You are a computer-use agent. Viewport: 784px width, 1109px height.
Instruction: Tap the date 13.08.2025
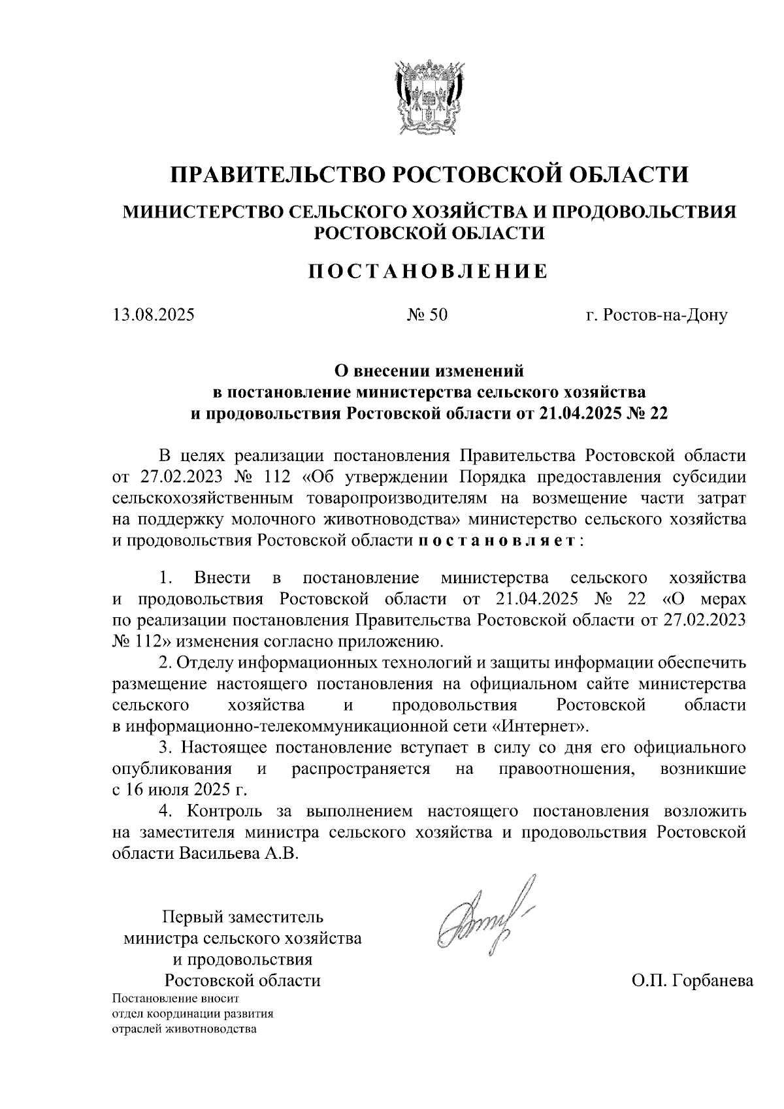(154, 315)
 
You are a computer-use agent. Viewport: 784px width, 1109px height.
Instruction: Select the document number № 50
(428, 315)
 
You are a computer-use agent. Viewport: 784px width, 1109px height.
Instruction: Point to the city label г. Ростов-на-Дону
(656, 315)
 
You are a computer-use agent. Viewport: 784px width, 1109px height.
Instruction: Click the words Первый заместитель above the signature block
(242, 917)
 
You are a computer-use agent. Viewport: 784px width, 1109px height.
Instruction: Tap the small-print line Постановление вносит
(176, 999)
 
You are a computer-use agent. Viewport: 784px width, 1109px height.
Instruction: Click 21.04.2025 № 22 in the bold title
(603, 413)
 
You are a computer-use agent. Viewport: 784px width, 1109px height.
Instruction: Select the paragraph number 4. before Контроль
(167, 812)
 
